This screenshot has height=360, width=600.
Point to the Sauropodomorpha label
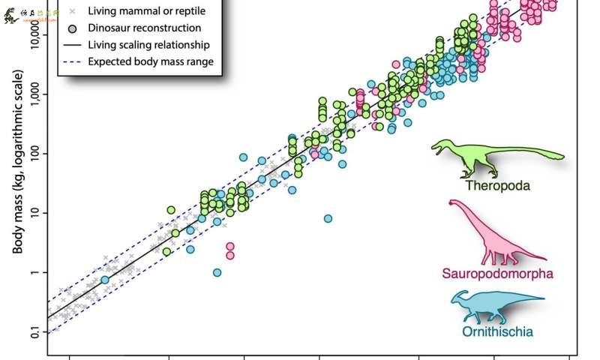coord(497,274)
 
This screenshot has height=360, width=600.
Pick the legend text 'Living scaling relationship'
coord(148,45)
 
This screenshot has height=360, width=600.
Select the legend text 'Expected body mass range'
coord(151,61)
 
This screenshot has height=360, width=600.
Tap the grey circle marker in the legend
coord(72,28)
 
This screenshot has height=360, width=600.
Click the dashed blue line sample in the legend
coord(72,61)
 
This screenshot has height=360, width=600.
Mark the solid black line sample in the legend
coord(72,45)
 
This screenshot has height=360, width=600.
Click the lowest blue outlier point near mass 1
coord(217,272)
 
